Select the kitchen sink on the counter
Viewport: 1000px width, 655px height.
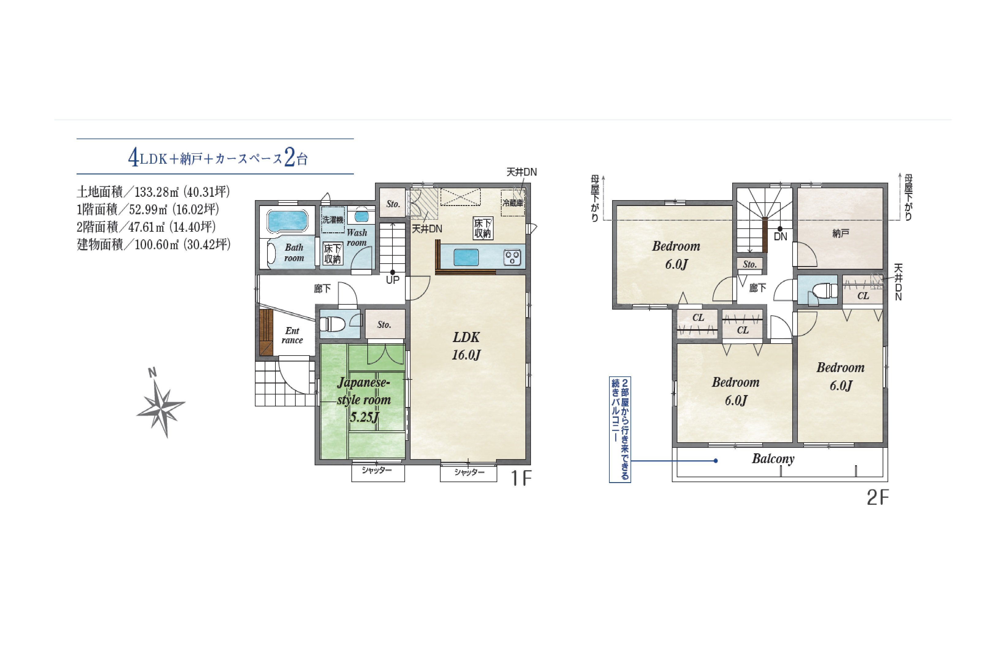pyautogui.click(x=466, y=257)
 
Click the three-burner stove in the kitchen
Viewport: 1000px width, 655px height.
pyautogui.click(x=512, y=257)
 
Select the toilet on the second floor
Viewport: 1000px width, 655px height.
pyautogui.click(x=821, y=290)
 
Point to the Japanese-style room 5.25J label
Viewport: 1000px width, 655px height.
pyautogui.click(x=364, y=400)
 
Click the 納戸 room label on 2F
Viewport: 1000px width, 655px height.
pyautogui.click(x=840, y=233)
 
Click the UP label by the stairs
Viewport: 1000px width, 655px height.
pyautogui.click(x=392, y=280)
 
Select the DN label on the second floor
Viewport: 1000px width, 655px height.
pyautogui.click(x=780, y=237)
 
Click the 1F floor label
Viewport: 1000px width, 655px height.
pyautogui.click(x=521, y=478)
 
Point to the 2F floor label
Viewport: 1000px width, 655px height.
pyautogui.click(x=878, y=498)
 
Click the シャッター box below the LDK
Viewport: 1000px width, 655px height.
pyautogui.click(x=468, y=473)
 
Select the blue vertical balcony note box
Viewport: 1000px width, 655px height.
pyautogui.click(x=620, y=429)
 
